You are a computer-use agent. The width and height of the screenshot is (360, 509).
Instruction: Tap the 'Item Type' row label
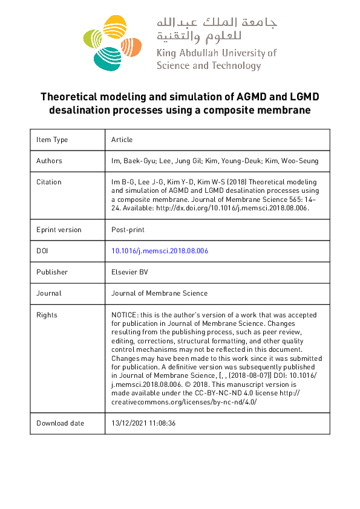click(52, 140)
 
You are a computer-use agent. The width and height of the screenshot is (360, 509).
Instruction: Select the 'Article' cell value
click(122, 140)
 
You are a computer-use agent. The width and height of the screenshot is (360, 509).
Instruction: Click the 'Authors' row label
click(49, 161)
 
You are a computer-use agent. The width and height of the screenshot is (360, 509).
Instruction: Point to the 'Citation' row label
click(49, 182)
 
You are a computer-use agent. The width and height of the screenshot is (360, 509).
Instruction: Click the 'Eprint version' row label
click(59, 230)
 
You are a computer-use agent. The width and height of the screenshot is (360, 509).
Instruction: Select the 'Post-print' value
click(128, 230)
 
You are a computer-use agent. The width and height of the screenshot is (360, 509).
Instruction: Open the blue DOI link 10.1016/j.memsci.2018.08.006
click(160, 251)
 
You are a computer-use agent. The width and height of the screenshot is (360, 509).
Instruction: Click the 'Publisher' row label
click(52, 272)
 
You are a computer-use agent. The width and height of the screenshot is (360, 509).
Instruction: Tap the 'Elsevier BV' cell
click(129, 272)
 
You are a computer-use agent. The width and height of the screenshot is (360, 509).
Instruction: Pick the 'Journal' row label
click(49, 293)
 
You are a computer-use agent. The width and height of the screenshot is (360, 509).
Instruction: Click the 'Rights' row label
click(47, 315)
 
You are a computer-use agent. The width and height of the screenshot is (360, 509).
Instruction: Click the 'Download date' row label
click(61, 423)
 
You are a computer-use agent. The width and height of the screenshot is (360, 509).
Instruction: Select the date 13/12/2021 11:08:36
click(143, 423)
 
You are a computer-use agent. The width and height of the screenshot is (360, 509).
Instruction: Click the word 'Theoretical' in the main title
click(68, 97)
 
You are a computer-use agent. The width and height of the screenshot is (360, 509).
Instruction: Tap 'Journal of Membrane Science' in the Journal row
click(159, 293)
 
